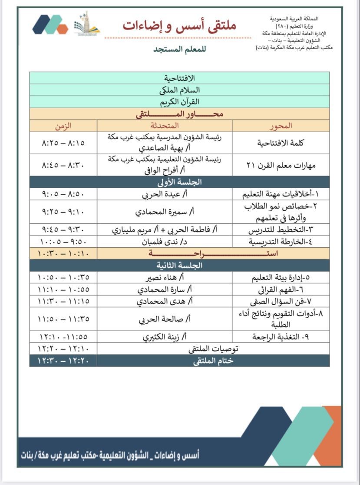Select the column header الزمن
tap(63, 126)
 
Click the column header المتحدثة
tap(165, 126)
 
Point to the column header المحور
tap(281, 126)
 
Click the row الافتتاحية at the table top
tap(179, 78)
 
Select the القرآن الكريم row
tap(179, 102)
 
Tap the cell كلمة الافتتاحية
tap(281, 143)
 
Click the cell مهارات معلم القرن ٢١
tap(281, 165)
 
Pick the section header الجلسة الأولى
tap(179, 183)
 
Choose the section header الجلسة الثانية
tap(179, 265)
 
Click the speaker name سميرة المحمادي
tap(165, 212)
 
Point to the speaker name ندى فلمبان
tap(165, 242)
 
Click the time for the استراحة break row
tap(63, 253)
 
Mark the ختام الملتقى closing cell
tap(213, 361)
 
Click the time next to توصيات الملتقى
tap(63, 349)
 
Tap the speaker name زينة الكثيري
tap(165, 336)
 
